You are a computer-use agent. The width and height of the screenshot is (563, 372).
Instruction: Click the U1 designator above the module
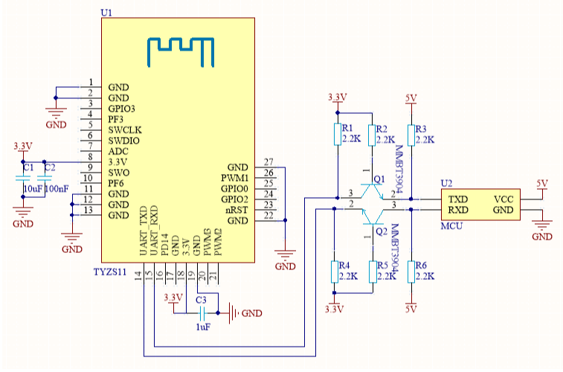click(x=106, y=13)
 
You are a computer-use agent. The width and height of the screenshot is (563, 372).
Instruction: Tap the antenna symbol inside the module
click(x=181, y=49)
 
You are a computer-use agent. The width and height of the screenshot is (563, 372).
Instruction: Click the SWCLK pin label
click(x=124, y=130)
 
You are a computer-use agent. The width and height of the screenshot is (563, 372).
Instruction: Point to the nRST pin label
click(x=237, y=211)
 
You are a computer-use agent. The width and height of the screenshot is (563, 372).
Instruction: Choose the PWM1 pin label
click(x=235, y=179)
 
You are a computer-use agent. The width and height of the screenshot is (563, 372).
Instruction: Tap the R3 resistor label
click(x=422, y=128)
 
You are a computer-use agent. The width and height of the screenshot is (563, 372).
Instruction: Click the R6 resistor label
click(x=422, y=266)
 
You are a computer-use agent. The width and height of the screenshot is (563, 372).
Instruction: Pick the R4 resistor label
click(x=344, y=266)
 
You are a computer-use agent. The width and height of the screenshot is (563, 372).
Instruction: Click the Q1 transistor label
click(x=379, y=180)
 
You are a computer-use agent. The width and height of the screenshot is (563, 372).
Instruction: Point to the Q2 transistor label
click(x=381, y=231)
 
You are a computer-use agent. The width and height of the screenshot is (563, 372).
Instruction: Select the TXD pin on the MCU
click(x=458, y=199)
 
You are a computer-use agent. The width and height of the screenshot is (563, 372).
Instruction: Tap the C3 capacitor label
click(x=201, y=300)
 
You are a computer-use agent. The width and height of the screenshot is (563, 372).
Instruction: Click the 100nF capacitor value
click(x=57, y=190)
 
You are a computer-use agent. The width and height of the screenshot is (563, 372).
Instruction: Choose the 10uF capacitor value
click(x=33, y=190)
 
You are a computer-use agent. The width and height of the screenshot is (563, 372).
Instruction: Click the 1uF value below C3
click(x=202, y=327)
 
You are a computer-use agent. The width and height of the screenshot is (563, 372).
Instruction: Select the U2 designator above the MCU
click(x=446, y=183)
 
